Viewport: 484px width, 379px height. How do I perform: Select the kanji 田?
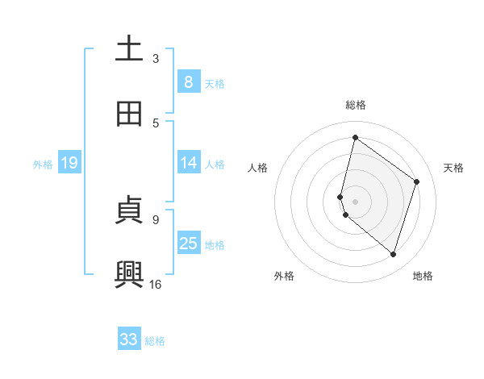point(129,115)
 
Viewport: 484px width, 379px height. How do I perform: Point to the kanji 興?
point(129,275)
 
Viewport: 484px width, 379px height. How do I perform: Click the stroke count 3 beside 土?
point(156,59)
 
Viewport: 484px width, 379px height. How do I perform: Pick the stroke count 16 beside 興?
point(156,284)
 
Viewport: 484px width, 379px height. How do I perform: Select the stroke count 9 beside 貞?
point(156,219)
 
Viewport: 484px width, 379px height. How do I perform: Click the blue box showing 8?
point(188,82)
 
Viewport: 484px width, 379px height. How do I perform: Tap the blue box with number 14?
point(188,163)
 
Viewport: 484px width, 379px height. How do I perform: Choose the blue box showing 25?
point(188,244)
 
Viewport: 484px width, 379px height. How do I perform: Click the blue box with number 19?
point(69,163)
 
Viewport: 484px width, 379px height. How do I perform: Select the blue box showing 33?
point(129,339)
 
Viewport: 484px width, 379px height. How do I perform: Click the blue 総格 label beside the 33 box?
point(155,341)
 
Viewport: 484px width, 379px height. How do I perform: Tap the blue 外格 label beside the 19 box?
point(43,165)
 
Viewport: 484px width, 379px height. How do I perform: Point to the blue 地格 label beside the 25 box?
point(215,245)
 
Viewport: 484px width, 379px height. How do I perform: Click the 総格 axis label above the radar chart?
point(356,105)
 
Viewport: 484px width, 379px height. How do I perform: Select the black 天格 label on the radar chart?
point(454,168)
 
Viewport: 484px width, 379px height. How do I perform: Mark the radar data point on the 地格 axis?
point(394,255)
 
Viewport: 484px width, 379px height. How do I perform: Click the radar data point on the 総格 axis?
point(355,137)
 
